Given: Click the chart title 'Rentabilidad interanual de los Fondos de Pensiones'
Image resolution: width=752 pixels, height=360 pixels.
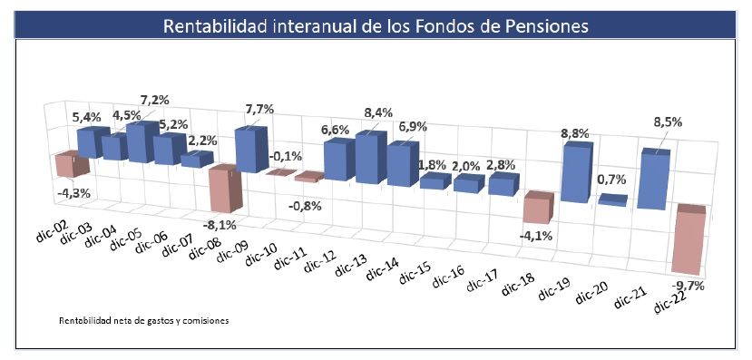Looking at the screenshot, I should click(376, 25).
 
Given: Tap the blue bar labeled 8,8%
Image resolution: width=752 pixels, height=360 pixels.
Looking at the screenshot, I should click(576, 172).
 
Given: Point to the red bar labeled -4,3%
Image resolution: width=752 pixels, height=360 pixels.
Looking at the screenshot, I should click(68, 165).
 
